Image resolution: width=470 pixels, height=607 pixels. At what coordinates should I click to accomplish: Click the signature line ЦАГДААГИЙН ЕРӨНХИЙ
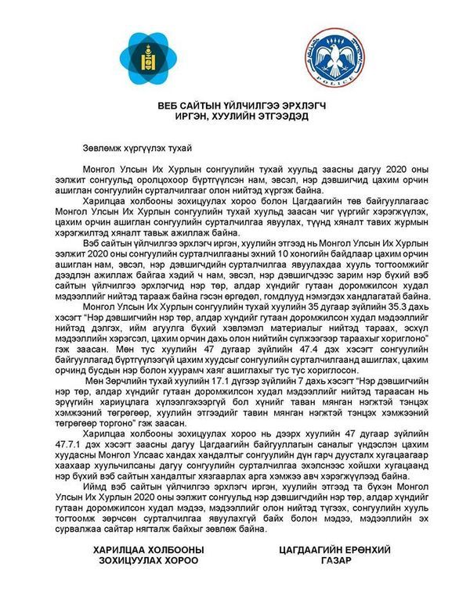[x=334, y=549]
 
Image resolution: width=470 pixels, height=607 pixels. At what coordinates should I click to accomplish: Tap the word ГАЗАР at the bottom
[x=334, y=561]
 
